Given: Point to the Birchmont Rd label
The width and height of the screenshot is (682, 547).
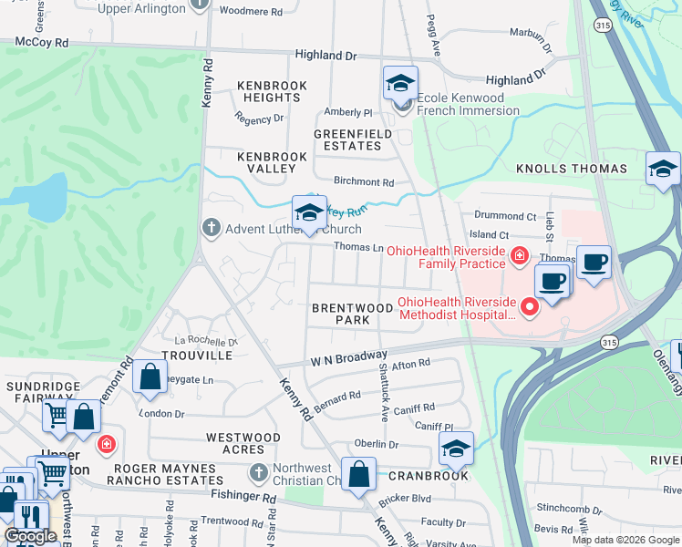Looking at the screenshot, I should [363, 182].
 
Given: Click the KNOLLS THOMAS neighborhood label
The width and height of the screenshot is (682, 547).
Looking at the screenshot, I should [572, 169].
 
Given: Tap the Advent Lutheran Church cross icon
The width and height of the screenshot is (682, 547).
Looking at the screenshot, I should [212, 228].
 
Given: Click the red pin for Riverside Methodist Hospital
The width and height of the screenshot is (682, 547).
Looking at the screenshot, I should [529, 309].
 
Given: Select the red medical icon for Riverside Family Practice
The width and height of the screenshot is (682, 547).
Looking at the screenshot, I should [520, 256].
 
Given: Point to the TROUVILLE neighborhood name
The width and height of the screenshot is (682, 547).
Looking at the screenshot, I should [191, 355].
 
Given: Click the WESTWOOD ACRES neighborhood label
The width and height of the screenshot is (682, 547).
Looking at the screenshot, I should [243, 444].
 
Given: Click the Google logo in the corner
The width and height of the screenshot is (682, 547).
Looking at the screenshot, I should [30, 536].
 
